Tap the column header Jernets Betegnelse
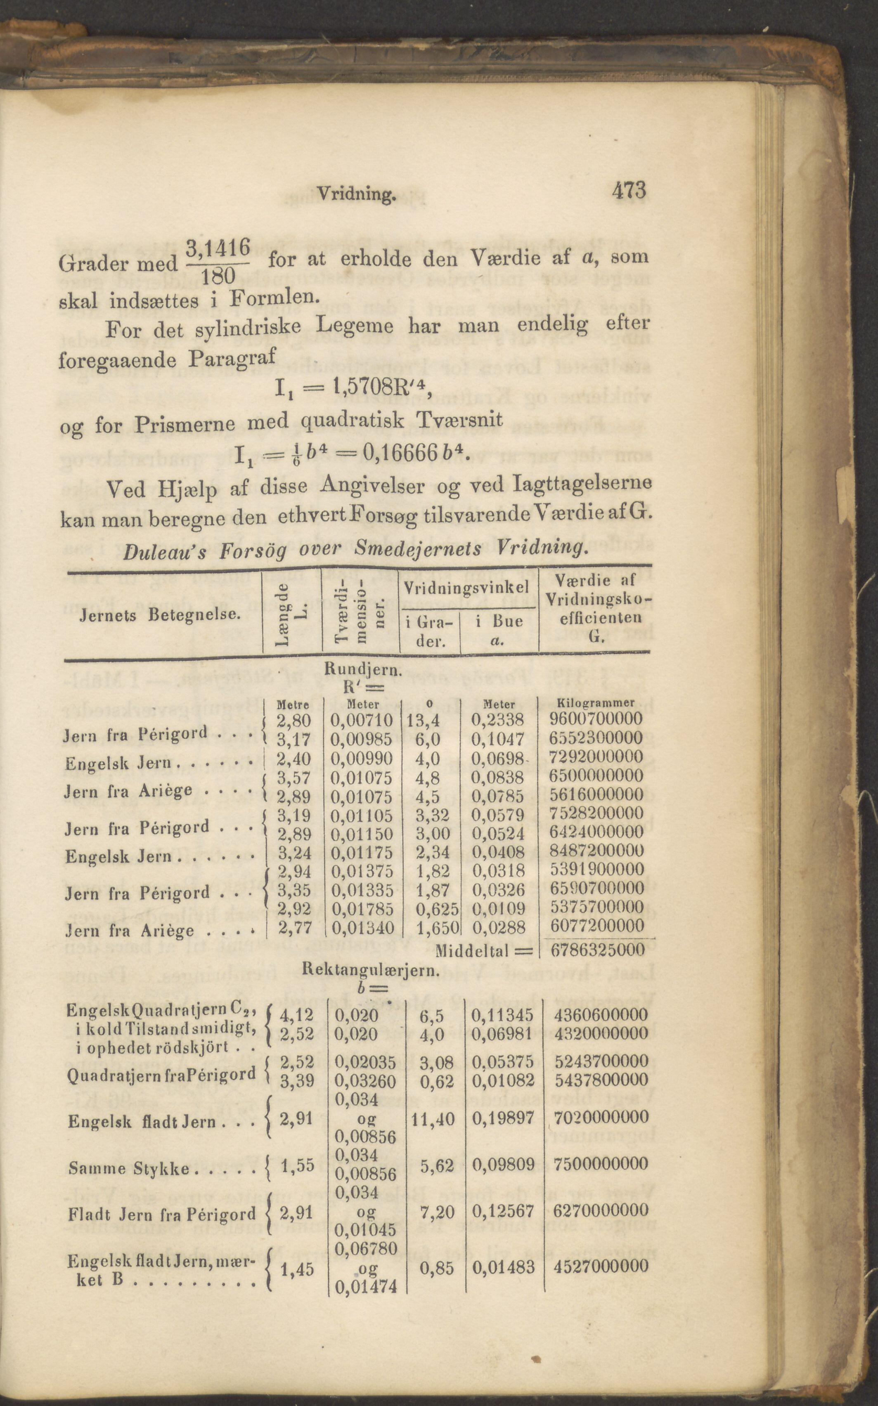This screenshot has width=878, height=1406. coord(160,614)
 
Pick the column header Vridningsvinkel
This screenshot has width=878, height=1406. coord(467,588)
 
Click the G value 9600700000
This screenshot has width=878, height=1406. coord(596,718)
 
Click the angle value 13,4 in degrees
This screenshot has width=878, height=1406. coord(424,720)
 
